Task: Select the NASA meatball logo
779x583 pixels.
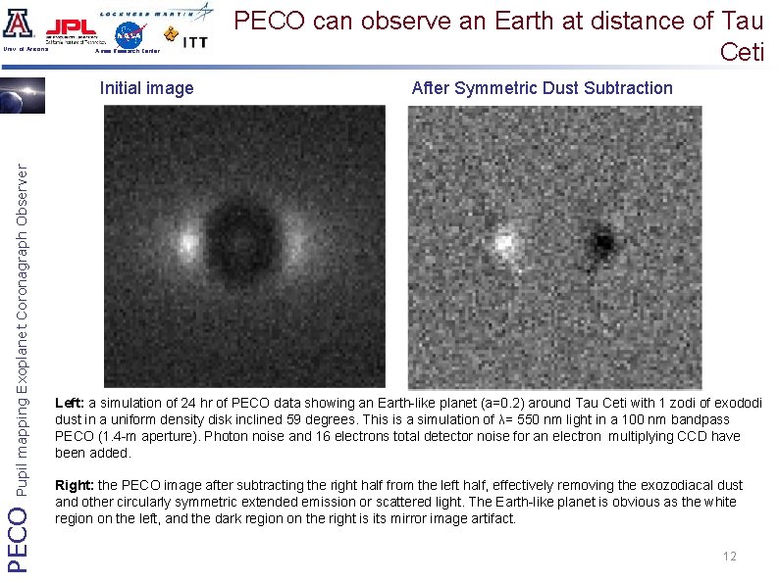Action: [x=129, y=34]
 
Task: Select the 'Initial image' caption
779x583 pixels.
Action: [x=147, y=88]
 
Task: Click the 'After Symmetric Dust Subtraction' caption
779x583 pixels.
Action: [x=542, y=88]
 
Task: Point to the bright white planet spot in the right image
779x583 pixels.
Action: [x=503, y=240]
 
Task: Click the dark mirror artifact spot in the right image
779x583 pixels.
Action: [x=601, y=239]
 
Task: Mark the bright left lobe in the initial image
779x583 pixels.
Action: [x=187, y=239]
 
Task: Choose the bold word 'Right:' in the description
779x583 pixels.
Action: [x=74, y=485]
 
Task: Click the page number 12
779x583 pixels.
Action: [x=729, y=557]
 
